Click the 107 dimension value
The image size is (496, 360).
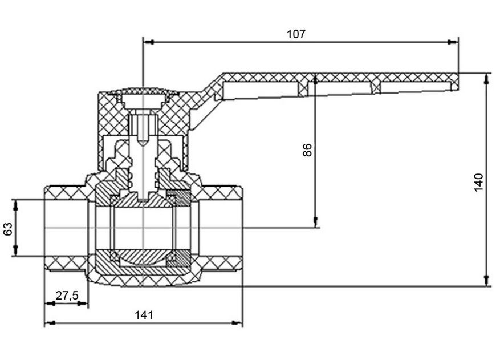pos(296,34)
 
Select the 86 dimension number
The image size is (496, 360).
pos(307,150)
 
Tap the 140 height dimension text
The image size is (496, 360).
pos(479,182)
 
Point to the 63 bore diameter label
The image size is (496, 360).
pos(7,229)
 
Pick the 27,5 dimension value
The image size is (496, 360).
pos(67,296)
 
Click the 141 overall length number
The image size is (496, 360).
pos(144,315)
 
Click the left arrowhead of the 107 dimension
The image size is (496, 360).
pos(148,42)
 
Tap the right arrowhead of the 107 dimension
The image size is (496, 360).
pos(453,42)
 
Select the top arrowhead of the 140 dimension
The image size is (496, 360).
pos(486,79)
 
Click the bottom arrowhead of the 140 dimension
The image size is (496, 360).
pos(486,281)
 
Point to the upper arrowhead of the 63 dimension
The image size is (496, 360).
pos(16,205)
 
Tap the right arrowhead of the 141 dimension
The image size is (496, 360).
pos(237,323)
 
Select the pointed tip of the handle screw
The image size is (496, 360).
pos(143,144)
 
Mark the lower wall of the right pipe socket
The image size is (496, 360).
pos(221,262)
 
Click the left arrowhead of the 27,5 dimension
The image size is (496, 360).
pos(51,304)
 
